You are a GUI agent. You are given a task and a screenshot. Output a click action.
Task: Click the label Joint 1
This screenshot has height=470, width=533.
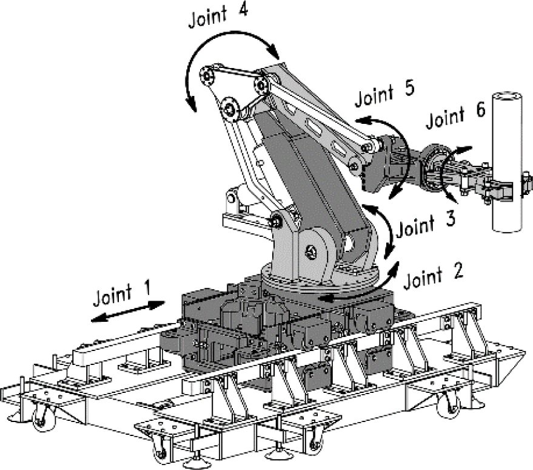point(121,293)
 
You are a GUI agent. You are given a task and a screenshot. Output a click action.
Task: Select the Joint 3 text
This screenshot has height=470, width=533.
point(425,224)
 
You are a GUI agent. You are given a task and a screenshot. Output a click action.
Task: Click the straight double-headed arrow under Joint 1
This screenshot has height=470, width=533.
point(128,312)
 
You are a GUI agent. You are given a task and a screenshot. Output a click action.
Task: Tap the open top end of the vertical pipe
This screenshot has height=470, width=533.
point(507,97)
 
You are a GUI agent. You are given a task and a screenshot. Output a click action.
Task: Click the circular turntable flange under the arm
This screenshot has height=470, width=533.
point(320,278)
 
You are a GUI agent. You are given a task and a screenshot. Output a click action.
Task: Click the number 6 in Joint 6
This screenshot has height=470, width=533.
point(480,111)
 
